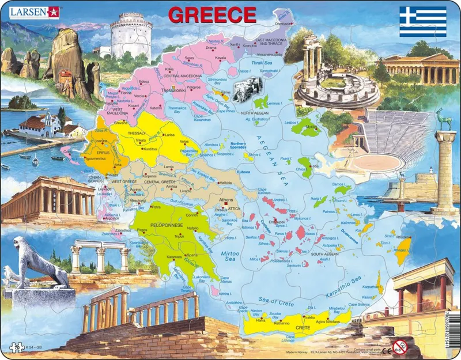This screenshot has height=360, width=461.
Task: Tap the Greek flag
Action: tap(423, 21)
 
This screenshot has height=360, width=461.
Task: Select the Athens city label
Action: tap(226, 200)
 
